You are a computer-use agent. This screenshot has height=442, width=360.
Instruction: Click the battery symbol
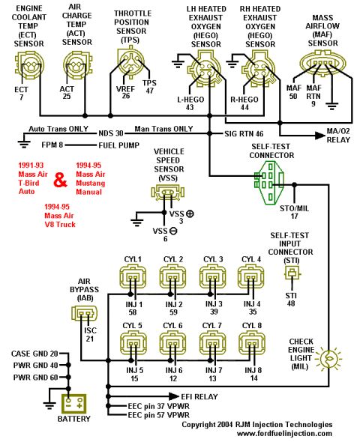pyautogui.click(x=74, y=403)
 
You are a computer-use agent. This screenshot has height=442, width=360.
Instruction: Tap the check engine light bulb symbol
pyautogui.click(x=328, y=359)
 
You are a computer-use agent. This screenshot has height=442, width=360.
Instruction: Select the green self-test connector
pyautogui.click(x=268, y=182)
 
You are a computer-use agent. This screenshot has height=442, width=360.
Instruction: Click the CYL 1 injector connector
pyautogui.click(x=133, y=277)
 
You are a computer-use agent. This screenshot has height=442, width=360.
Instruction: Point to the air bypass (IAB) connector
pyautogui.click(x=84, y=313)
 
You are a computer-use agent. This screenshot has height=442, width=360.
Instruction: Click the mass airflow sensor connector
pyautogui.click(x=322, y=62)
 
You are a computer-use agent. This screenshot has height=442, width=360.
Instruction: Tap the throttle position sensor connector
pyautogui.click(x=130, y=63)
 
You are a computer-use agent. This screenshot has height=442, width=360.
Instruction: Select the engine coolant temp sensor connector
pyautogui.click(x=29, y=65)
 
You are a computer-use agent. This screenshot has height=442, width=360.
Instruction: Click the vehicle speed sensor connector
pyautogui.click(x=168, y=193)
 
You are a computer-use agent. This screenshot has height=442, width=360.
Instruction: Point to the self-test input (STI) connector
pyautogui.click(x=292, y=273)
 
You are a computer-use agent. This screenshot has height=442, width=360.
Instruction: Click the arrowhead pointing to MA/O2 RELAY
pyautogui.click(x=320, y=136)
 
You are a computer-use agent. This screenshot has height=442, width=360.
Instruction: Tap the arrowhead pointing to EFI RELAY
pyautogui.click(x=174, y=396)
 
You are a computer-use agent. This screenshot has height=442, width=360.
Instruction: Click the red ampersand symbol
pyautogui.click(x=61, y=180)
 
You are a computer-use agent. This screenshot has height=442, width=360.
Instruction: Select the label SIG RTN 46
pyautogui.click(x=244, y=133)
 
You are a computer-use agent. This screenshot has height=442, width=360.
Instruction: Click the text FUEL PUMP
pyautogui.click(x=119, y=145)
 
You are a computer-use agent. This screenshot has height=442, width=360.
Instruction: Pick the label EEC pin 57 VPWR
pyautogui.click(x=158, y=415)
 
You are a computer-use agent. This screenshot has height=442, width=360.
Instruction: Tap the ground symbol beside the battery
pyautogui.click(x=49, y=405)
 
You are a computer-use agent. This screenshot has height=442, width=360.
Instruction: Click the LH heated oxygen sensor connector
pyautogui.click(x=205, y=68)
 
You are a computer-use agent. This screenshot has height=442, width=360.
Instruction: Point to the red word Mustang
pyautogui.click(x=91, y=184)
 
